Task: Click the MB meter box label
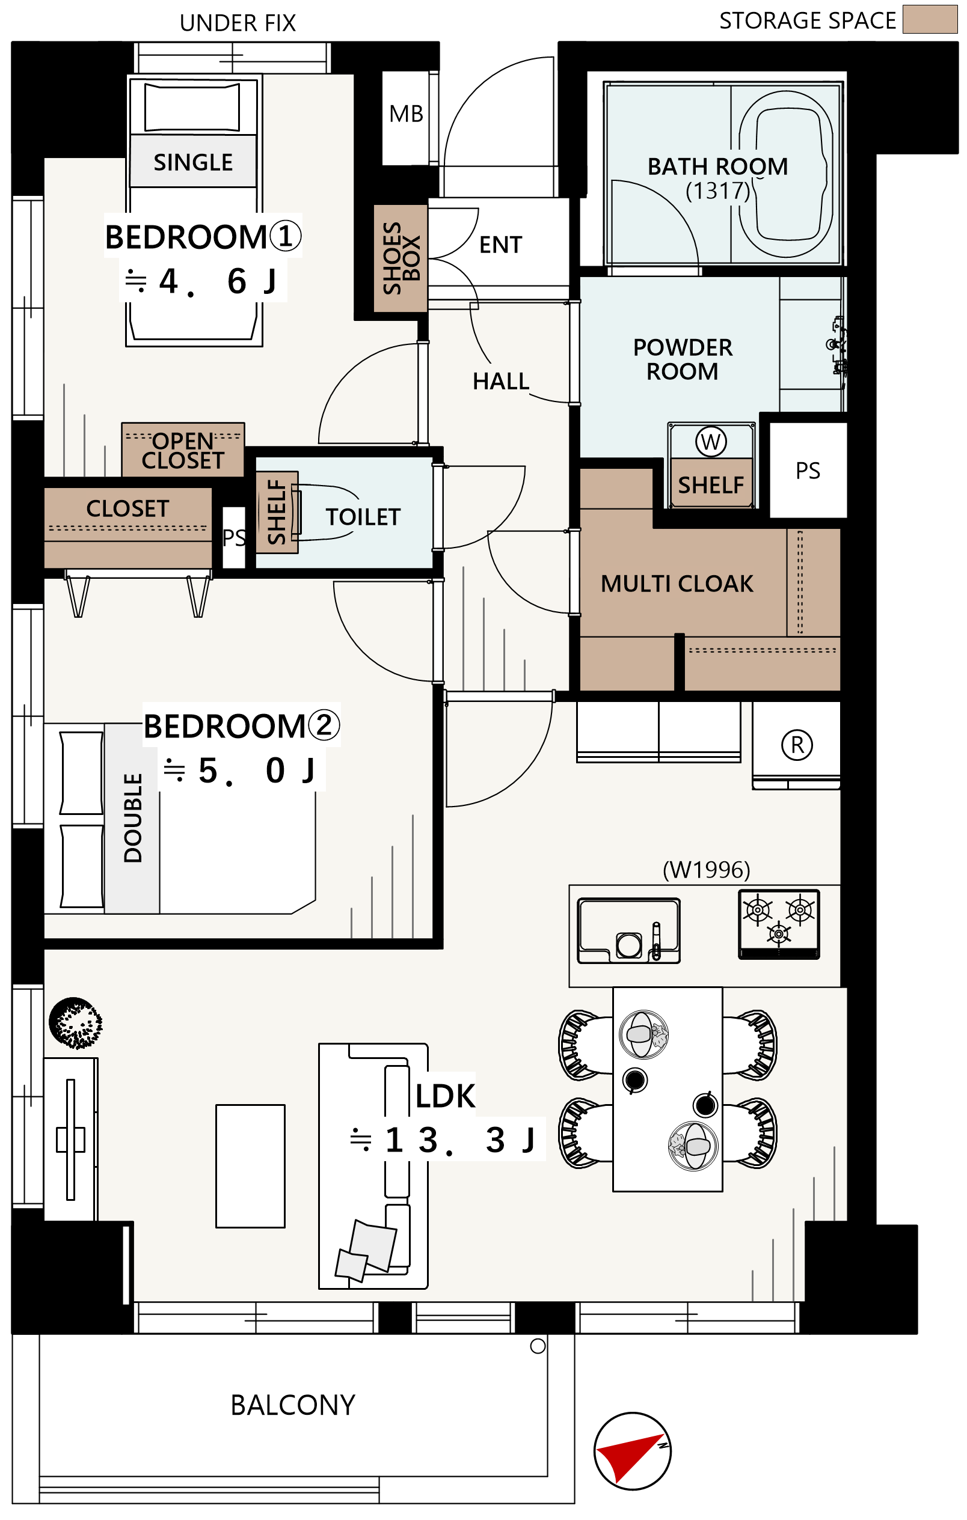[406, 114]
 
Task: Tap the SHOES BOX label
[401, 258]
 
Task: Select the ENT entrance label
[500, 245]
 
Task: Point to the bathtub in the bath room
[786, 174]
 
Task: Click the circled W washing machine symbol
[711, 442]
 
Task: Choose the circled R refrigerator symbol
[797, 745]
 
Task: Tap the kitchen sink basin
[628, 930]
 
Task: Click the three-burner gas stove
[779, 924]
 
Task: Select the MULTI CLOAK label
[677, 584]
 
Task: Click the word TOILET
[363, 517]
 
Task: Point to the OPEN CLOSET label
[183, 451]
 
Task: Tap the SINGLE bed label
[193, 162]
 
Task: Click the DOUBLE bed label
[133, 818]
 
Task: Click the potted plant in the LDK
[75, 1023]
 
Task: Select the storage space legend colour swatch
[930, 19]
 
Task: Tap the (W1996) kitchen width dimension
[706, 870]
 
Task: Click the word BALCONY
[293, 1405]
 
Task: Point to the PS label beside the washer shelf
[808, 471]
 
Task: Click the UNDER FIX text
[238, 23]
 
